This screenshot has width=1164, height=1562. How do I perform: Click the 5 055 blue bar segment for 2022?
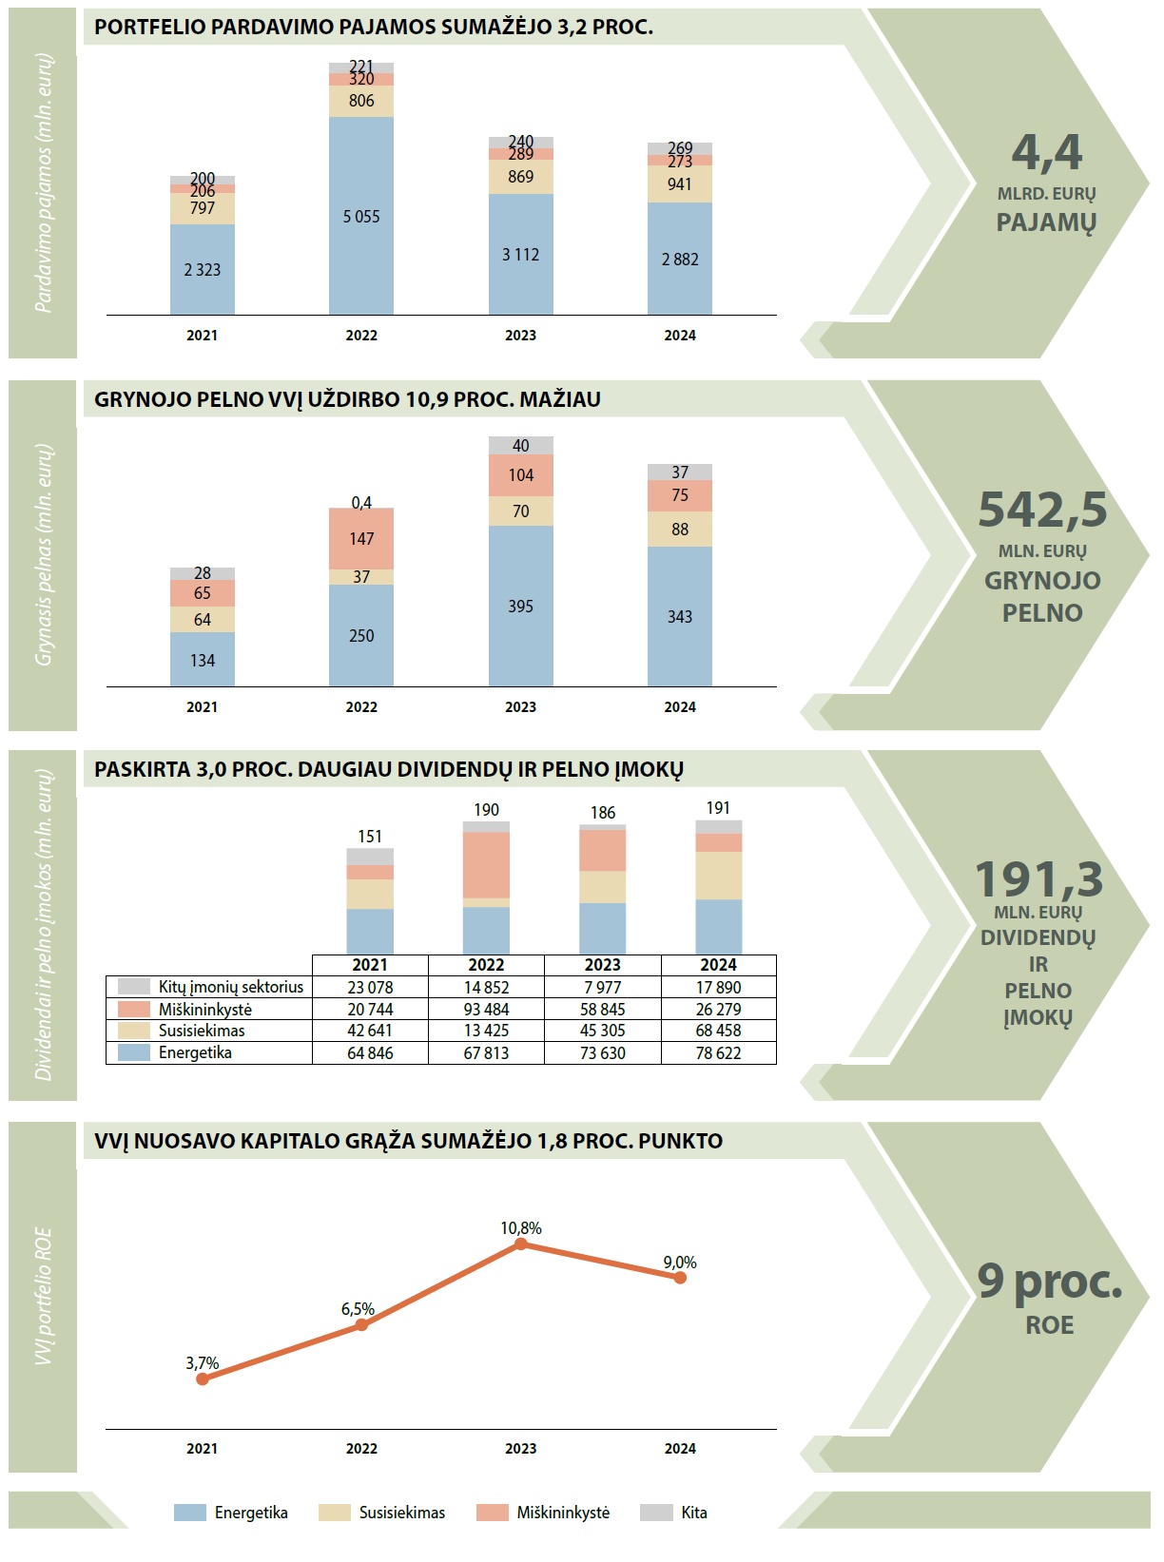click(x=361, y=217)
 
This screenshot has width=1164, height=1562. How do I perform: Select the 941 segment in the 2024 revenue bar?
click(x=680, y=184)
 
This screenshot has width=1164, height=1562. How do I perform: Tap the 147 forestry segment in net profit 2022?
click(x=361, y=539)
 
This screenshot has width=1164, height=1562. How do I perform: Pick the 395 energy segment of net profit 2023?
click(x=520, y=607)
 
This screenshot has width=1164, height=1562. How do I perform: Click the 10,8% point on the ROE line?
click(x=520, y=1244)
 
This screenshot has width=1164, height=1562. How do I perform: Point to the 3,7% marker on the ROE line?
click(x=202, y=1379)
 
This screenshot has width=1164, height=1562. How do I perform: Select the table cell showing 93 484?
click(x=486, y=1010)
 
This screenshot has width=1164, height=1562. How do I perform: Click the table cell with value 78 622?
click(x=718, y=1053)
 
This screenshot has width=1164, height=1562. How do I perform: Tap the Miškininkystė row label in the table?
click(x=205, y=1010)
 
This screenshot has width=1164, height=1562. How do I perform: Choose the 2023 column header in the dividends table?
click(x=602, y=965)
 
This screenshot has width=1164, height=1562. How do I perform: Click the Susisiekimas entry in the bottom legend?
click(x=401, y=1513)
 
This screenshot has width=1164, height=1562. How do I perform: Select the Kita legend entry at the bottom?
click(x=693, y=1513)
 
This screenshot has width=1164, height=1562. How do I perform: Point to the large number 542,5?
click(x=1043, y=510)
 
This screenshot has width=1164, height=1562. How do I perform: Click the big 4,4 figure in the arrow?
click(x=1047, y=152)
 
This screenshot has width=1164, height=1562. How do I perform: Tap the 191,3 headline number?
click(x=1039, y=879)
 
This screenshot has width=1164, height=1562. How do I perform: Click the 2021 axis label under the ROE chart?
click(x=202, y=1449)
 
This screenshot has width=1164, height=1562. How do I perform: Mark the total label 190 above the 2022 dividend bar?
click(x=486, y=810)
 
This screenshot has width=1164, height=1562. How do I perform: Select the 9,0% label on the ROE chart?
click(x=680, y=1263)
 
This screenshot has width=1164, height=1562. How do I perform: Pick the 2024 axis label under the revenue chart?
click(x=680, y=336)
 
